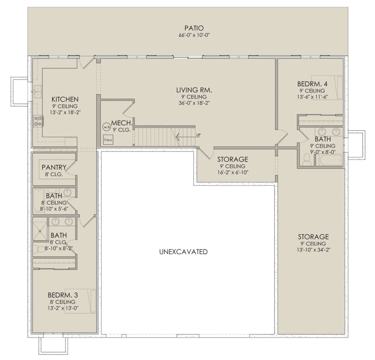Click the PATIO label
(194, 28)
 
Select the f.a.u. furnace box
(108, 140)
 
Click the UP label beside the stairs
(198, 135)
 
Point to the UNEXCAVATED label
(183, 252)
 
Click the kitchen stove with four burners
(38, 121)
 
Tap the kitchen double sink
(38, 92)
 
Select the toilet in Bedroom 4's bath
(306, 160)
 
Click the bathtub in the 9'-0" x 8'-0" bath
(331, 160)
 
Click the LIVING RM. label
(194, 90)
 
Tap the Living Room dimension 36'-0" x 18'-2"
(194, 103)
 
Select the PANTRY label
(54, 167)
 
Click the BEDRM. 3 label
(63, 295)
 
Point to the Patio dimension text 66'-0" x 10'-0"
(194, 35)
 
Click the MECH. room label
(122, 123)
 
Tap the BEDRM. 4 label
(312, 84)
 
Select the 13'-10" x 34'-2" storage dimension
(313, 250)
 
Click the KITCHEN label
(65, 99)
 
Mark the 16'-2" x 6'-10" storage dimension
(233, 172)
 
